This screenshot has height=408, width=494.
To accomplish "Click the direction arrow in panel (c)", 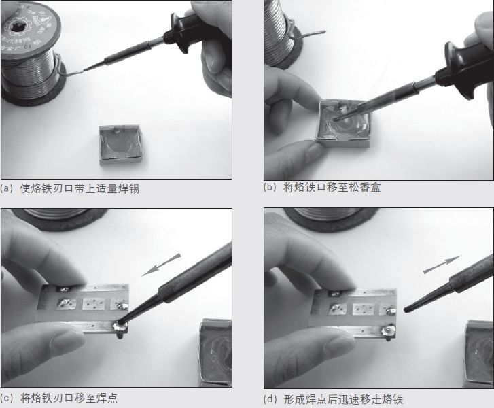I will [164, 265].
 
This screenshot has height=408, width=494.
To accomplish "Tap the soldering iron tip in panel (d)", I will [407, 308].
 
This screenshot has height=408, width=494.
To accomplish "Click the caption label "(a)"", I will [7, 188].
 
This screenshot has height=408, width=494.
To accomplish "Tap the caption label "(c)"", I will [7, 398].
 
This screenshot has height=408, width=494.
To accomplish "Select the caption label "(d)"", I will [270, 400].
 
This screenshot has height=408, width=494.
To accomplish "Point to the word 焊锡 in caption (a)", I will [128, 188].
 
